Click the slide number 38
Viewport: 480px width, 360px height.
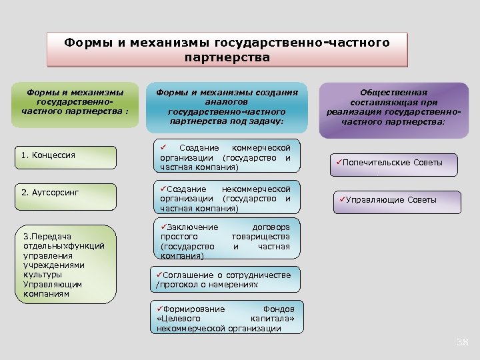click(x=462, y=342)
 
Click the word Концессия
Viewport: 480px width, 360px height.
click(x=53, y=155)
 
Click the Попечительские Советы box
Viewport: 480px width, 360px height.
click(x=393, y=163)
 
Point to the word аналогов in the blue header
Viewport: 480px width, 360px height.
click(x=227, y=103)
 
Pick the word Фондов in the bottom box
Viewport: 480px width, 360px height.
click(x=279, y=309)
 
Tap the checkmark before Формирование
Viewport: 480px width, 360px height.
click(x=160, y=309)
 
